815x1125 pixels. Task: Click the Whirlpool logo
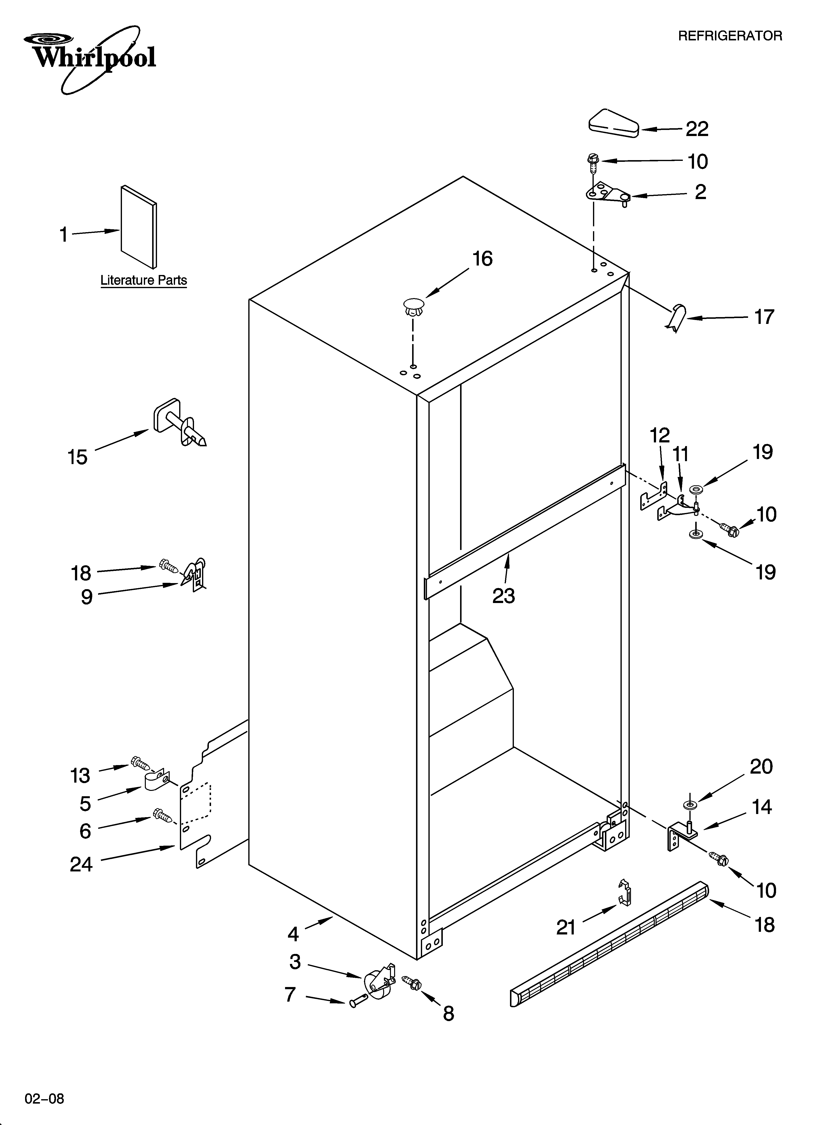92,59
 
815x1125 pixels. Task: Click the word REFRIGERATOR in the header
730,36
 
